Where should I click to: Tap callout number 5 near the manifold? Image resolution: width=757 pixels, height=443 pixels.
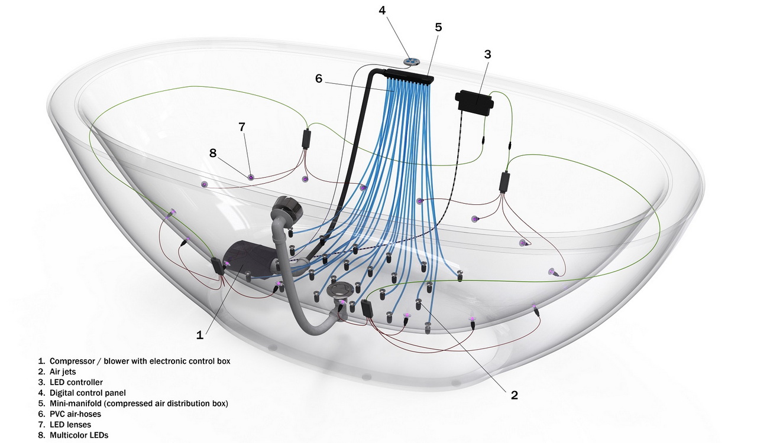[438, 27]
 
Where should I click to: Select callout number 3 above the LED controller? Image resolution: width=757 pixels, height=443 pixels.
[487, 54]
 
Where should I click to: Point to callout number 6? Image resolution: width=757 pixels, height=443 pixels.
[319, 79]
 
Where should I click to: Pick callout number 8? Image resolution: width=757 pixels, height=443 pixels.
[213, 152]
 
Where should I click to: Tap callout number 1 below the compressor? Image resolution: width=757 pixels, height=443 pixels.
[200, 335]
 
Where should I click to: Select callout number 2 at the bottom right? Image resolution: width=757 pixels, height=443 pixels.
[514, 395]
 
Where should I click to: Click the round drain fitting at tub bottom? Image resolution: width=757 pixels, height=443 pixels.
[342, 289]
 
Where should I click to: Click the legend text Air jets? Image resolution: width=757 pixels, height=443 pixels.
[63, 372]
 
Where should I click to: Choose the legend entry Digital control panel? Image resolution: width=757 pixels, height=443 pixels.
[88, 393]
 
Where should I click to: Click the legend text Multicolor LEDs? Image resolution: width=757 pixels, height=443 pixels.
[79, 435]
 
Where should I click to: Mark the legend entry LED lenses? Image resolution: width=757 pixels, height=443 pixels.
[70, 425]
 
